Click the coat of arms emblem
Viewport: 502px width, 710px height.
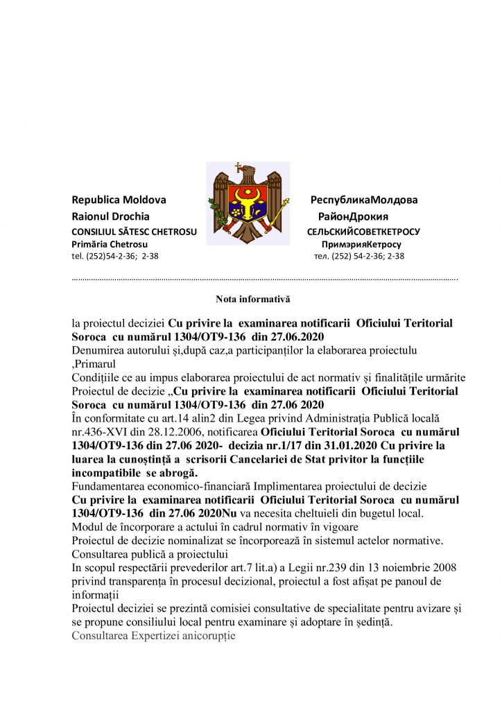pyautogui.click(x=248, y=203)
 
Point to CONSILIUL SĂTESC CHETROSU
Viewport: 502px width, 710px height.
pyautogui.click(x=135, y=232)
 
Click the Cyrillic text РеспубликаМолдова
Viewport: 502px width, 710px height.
pyautogui.click(x=364, y=200)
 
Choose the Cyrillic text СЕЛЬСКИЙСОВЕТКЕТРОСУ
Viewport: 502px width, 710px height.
pyautogui.click(x=363, y=232)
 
